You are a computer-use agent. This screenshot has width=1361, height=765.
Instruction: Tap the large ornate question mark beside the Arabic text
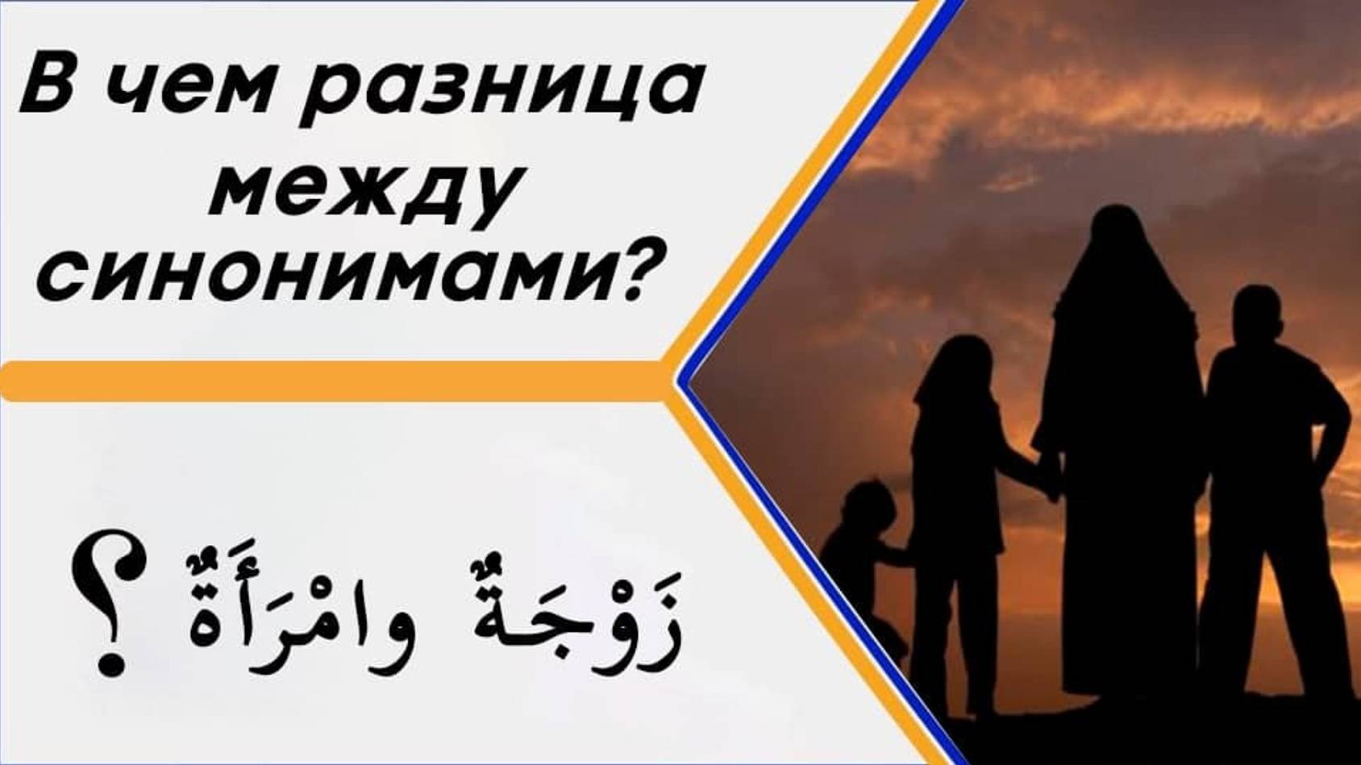[x=109, y=601]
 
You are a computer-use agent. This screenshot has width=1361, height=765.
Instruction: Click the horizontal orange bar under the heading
[x=331, y=381]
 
